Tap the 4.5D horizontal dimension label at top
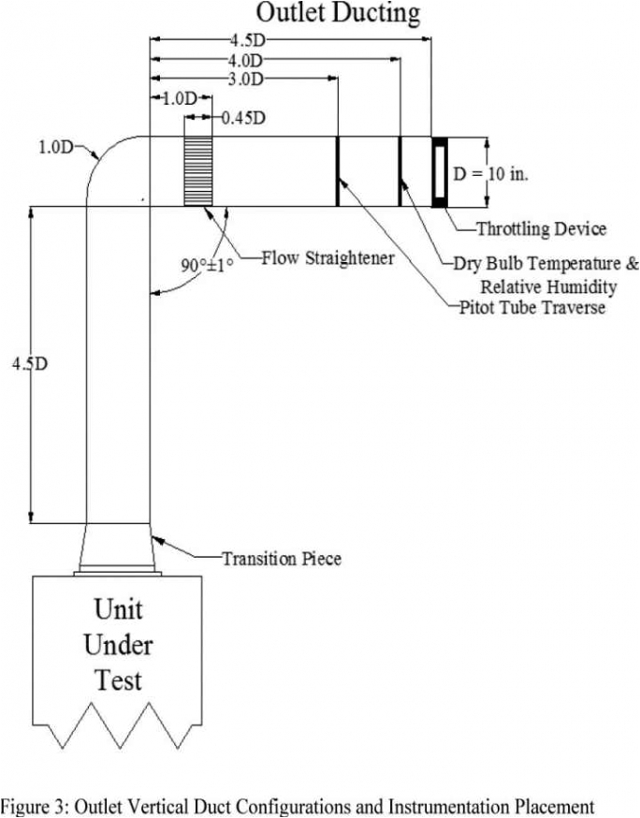(x=246, y=40)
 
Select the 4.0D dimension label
(x=244, y=60)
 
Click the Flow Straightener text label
(x=327, y=257)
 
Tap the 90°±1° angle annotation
(x=207, y=265)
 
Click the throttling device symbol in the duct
(x=439, y=171)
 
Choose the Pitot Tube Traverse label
(x=531, y=307)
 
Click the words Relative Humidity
(x=548, y=285)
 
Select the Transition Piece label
(x=281, y=559)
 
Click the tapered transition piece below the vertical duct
(x=118, y=548)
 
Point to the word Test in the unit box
(x=118, y=679)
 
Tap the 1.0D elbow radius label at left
(x=55, y=147)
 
